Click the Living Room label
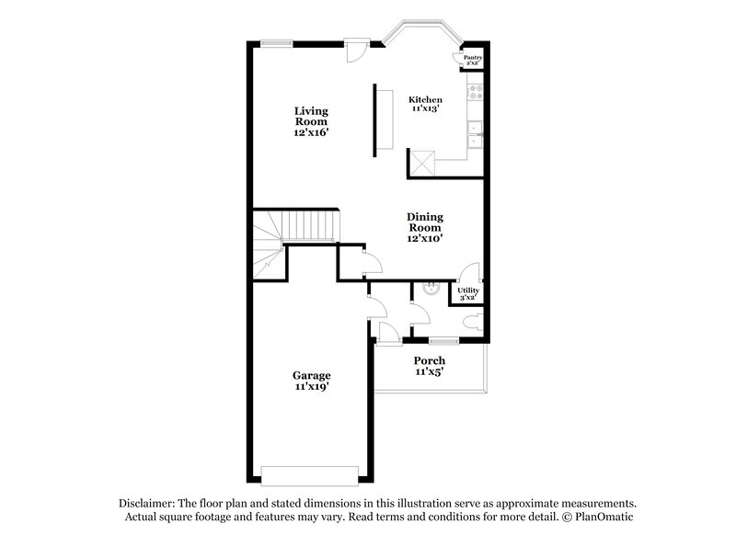coord(311,121)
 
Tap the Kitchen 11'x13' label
coord(425,104)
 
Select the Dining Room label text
coord(425,227)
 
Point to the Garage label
coord(312,381)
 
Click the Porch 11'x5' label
coord(429,366)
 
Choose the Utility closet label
coord(468,293)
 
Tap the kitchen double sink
coord(476,134)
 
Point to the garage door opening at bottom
coord(308,474)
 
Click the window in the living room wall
coord(275,41)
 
